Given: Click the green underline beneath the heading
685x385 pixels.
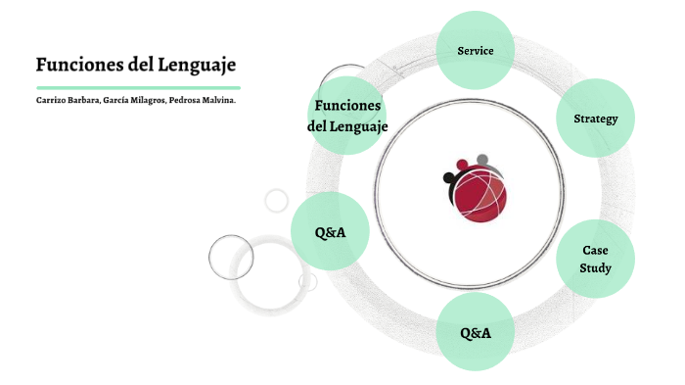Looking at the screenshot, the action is pyautogui.click(x=137, y=87).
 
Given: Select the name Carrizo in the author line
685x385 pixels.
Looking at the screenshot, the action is pyautogui.click(x=51, y=100).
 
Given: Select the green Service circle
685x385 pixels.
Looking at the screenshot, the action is pyautogui.click(x=476, y=50).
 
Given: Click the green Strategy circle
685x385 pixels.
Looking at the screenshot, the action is pyautogui.click(x=595, y=119).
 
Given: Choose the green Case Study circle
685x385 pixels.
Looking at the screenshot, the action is pyautogui.click(x=595, y=259).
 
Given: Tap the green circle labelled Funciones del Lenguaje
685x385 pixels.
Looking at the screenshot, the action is pyautogui.click(x=347, y=116).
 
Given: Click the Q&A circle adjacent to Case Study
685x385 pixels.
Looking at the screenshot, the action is pyautogui.click(x=476, y=332).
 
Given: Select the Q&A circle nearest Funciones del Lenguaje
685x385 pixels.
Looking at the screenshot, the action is pyautogui.click(x=330, y=232).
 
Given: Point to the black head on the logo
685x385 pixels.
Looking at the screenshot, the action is pyautogui.click(x=450, y=178).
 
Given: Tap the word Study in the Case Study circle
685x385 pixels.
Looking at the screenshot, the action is pyautogui.click(x=595, y=267).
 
